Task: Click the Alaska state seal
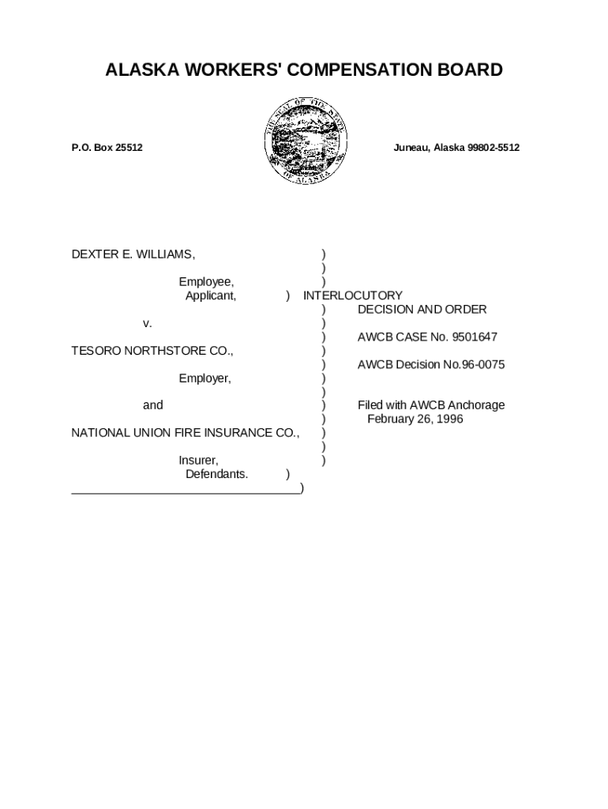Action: click(x=304, y=143)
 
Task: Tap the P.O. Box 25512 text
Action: click(x=107, y=148)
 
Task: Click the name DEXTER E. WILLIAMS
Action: click(x=133, y=254)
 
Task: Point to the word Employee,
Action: click(x=206, y=282)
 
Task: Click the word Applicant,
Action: click(x=211, y=295)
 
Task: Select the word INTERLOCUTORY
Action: click(x=353, y=295)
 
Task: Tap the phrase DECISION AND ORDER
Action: click(x=422, y=309)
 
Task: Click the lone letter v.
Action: click(x=148, y=323)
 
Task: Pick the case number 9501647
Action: click(x=474, y=337)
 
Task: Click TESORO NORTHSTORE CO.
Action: click(x=152, y=351)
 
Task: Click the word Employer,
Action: click(x=205, y=378)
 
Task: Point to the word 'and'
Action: click(x=153, y=405)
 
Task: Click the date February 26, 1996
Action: click(x=415, y=419)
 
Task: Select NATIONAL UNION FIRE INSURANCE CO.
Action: click(x=186, y=433)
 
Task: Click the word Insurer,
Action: click(x=199, y=461)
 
